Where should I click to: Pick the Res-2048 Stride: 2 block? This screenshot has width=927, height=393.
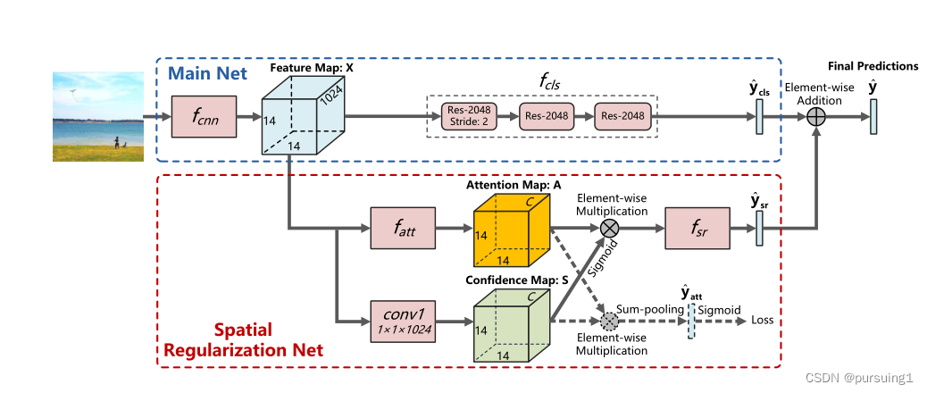click(x=470, y=115)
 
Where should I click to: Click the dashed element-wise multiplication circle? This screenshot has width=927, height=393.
click(x=610, y=321)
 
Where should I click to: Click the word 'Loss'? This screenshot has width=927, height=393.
click(x=763, y=321)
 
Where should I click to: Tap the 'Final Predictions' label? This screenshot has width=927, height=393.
click(x=873, y=65)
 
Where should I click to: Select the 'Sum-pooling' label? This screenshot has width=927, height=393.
click(x=654, y=308)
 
